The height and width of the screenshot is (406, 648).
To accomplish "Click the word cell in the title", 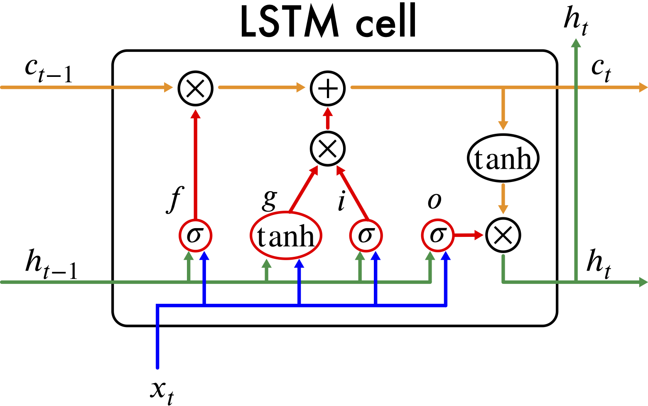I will pyautogui.click(x=386, y=23).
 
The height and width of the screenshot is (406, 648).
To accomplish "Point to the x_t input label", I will pyautogui.click(x=162, y=391).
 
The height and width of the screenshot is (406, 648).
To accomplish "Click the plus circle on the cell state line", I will pyautogui.click(x=328, y=88).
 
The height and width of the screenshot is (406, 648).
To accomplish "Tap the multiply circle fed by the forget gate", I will pyautogui.click(x=195, y=88).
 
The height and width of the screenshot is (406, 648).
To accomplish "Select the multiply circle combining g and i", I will pyautogui.click(x=328, y=149).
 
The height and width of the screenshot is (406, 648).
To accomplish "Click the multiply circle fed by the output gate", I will pyautogui.click(x=503, y=235).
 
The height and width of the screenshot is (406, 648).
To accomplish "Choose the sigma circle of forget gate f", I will pyautogui.click(x=195, y=235).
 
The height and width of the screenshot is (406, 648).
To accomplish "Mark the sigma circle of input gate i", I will pyautogui.click(x=366, y=235).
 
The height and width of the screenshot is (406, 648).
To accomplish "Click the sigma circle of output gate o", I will pyautogui.click(x=438, y=235).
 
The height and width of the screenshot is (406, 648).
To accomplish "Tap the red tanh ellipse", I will pyautogui.click(x=286, y=236).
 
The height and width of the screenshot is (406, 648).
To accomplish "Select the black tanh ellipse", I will pyautogui.click(x=503, y=158).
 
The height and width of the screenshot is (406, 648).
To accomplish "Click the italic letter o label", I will pyautogui.click(x=434, y=201).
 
